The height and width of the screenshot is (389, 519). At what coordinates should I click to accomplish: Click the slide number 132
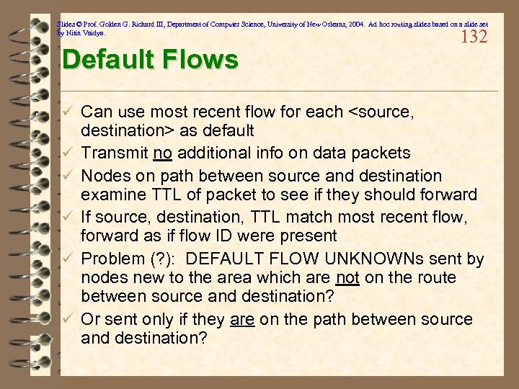pyautogui.click(x=474, y=37)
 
